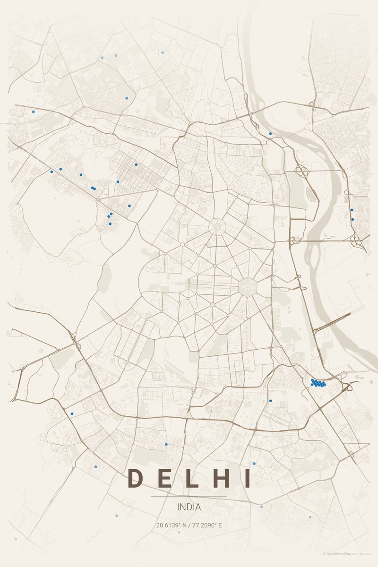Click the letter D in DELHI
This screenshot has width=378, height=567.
pyautogui.click(x=135, y=478)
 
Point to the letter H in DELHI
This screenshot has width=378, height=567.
pyautogui.click(x=219, y=478)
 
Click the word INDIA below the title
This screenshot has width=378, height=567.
pyautogui.click(x=189, y=507)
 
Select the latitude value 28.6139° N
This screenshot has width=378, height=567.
pyautogui.click(x=172, y=525)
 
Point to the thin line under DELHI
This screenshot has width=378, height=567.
pyautogui.click(x=189, y=496)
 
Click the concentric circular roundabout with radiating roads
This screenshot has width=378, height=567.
pyautogui.click(x=217, y=227)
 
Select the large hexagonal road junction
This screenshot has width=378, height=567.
pyautogui.click(x=247, y=286)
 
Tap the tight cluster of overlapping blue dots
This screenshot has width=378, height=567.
pyautogui.click(x=318, y=383)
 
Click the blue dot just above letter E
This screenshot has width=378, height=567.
pyautogui.click(x=166, y=444)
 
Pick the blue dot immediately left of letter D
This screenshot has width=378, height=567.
pyautogui.click(x=95, y=467)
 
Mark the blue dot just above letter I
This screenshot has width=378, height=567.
pyautogui.click(x=254, y=464)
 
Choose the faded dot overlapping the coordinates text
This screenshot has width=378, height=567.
pyautogui.click(x=179, y=532)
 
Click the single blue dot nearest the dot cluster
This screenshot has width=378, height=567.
pyautogui.click(x=270, y=401)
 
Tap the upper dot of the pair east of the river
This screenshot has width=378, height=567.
pyautogui.click(x=352, y=210)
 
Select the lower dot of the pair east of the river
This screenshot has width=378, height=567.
pyautogui.click(x=352, y=219)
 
